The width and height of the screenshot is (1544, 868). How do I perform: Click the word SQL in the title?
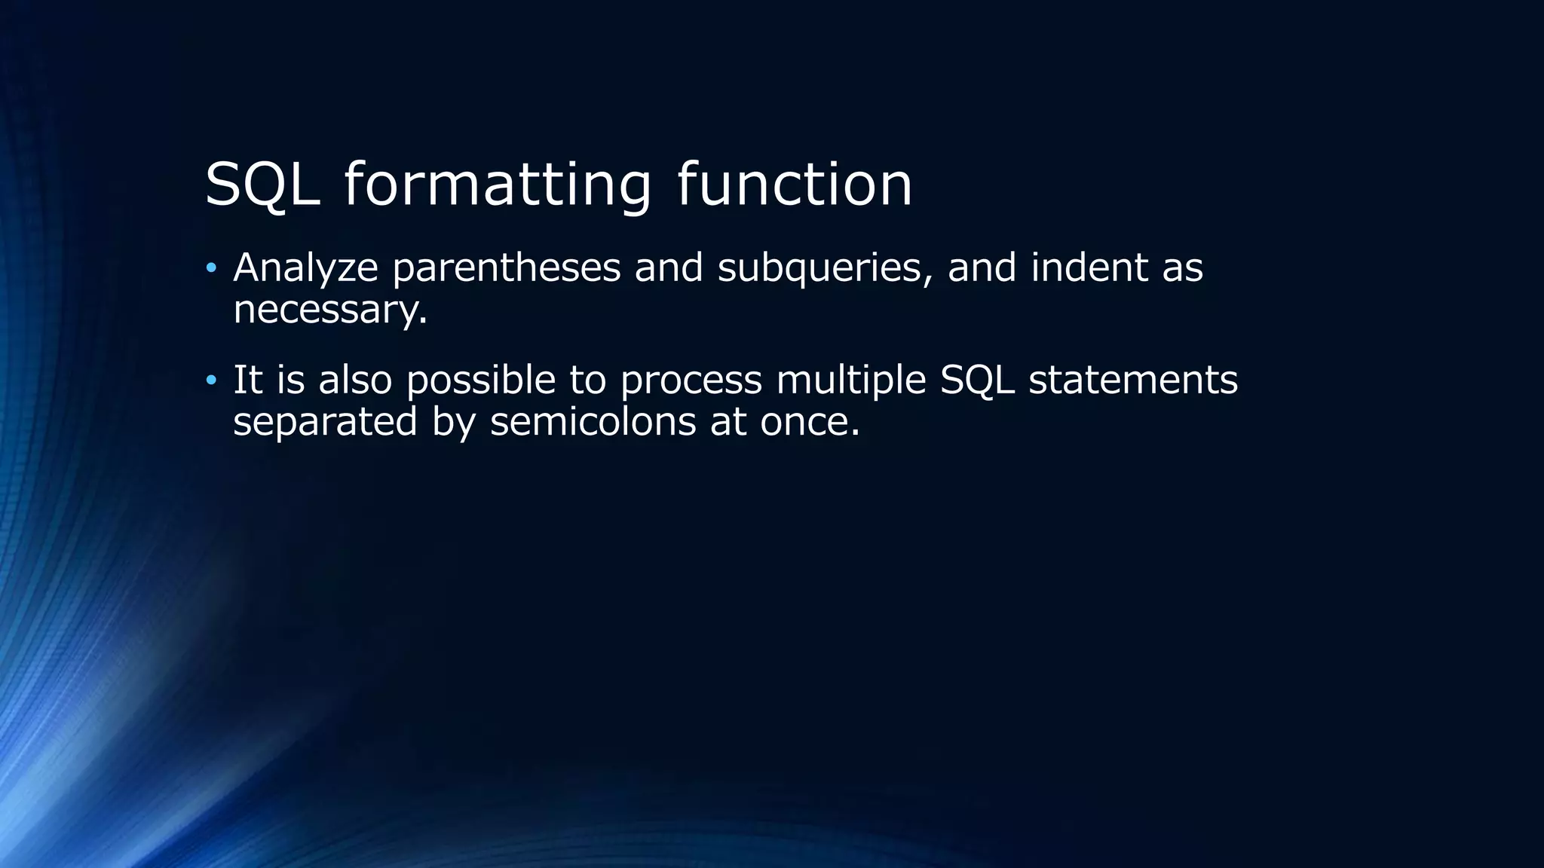click(262, 185)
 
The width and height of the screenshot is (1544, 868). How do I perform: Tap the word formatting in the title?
click(498, 185)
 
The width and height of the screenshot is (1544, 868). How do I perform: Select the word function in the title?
click(795, 185)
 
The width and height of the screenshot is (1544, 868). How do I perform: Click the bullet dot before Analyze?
click(211, 268)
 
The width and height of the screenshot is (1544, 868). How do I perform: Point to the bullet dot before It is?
click(211, 380)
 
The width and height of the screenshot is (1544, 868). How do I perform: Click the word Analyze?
click(305, 268)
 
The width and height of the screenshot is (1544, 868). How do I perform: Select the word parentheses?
click(506, 268)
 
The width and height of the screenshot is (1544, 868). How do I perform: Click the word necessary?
click(329, 310)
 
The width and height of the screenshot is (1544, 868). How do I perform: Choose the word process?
click(691, 380)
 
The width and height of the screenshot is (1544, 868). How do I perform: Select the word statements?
click(1133, 380)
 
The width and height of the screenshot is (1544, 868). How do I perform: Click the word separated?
click(325, 421)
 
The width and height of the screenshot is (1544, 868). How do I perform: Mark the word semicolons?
click(593, 421)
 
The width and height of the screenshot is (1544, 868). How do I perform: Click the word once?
click(809, 421)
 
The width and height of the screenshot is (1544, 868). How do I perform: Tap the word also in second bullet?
click(355, 380)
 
